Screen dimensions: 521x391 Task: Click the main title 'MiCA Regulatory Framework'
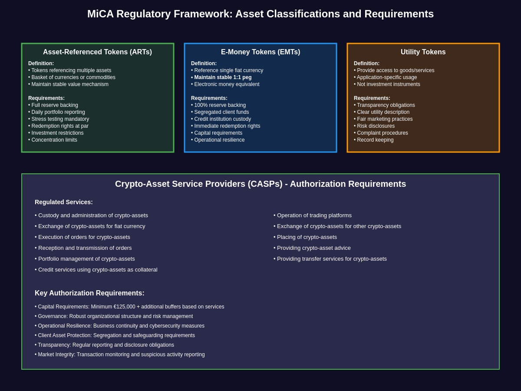click(x=260, y=14)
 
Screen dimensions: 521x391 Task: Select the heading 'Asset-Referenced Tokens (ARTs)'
click(x=97, y=52)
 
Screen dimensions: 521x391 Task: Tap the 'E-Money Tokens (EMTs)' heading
click(x=260, y=52)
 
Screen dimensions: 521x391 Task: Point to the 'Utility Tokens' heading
click(x=423, y=52)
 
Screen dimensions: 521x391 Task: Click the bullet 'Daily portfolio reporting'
click(x=58, y=112)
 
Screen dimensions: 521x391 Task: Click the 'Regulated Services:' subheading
click(x=64, y=202)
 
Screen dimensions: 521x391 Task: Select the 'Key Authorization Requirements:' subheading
click(x=89, y=293)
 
